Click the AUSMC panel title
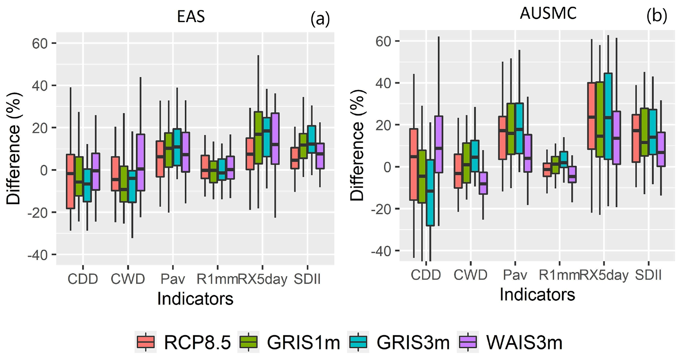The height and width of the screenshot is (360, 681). coord(548,14)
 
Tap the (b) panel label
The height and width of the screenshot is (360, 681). coord(657,16)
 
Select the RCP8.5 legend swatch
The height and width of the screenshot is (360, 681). coord(145,343)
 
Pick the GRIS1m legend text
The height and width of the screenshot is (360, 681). coord(303,343)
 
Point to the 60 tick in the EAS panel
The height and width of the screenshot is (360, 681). coord(39,43)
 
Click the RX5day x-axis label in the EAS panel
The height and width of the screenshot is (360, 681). coord(263,279)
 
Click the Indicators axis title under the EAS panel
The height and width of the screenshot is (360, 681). coord(195,299)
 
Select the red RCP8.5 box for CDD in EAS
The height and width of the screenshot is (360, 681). coord(71,181)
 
